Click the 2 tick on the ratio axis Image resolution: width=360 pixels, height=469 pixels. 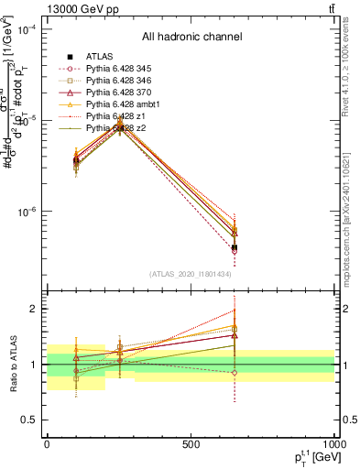click(37, 309)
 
